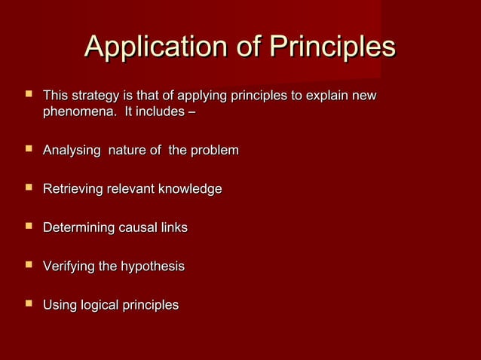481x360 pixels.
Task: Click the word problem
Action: click(x=214, y=151)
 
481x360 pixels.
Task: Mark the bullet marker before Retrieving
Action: click(x=29, y=188)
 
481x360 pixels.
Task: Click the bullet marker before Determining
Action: click(x=29, y=226)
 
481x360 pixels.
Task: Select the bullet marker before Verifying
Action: click(x=29, y=265)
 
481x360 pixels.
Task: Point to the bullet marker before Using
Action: click(x=29, y=304)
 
